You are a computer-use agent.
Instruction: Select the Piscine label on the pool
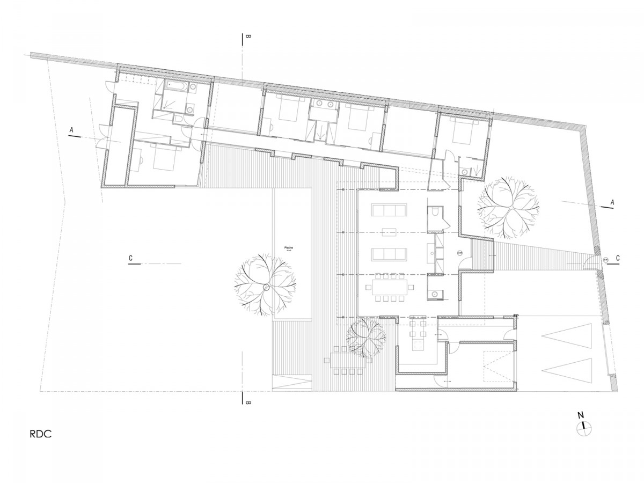pos(288,248)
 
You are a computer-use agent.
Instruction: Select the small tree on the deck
pos(366,337)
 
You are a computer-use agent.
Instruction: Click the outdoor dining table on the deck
pos(348,360)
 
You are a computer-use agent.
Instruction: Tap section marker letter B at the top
pos(248,38)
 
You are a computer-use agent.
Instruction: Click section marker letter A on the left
pos(71,130)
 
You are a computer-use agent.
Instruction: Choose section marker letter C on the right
pos(618,258)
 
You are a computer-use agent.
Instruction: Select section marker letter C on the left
pos(131,258)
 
